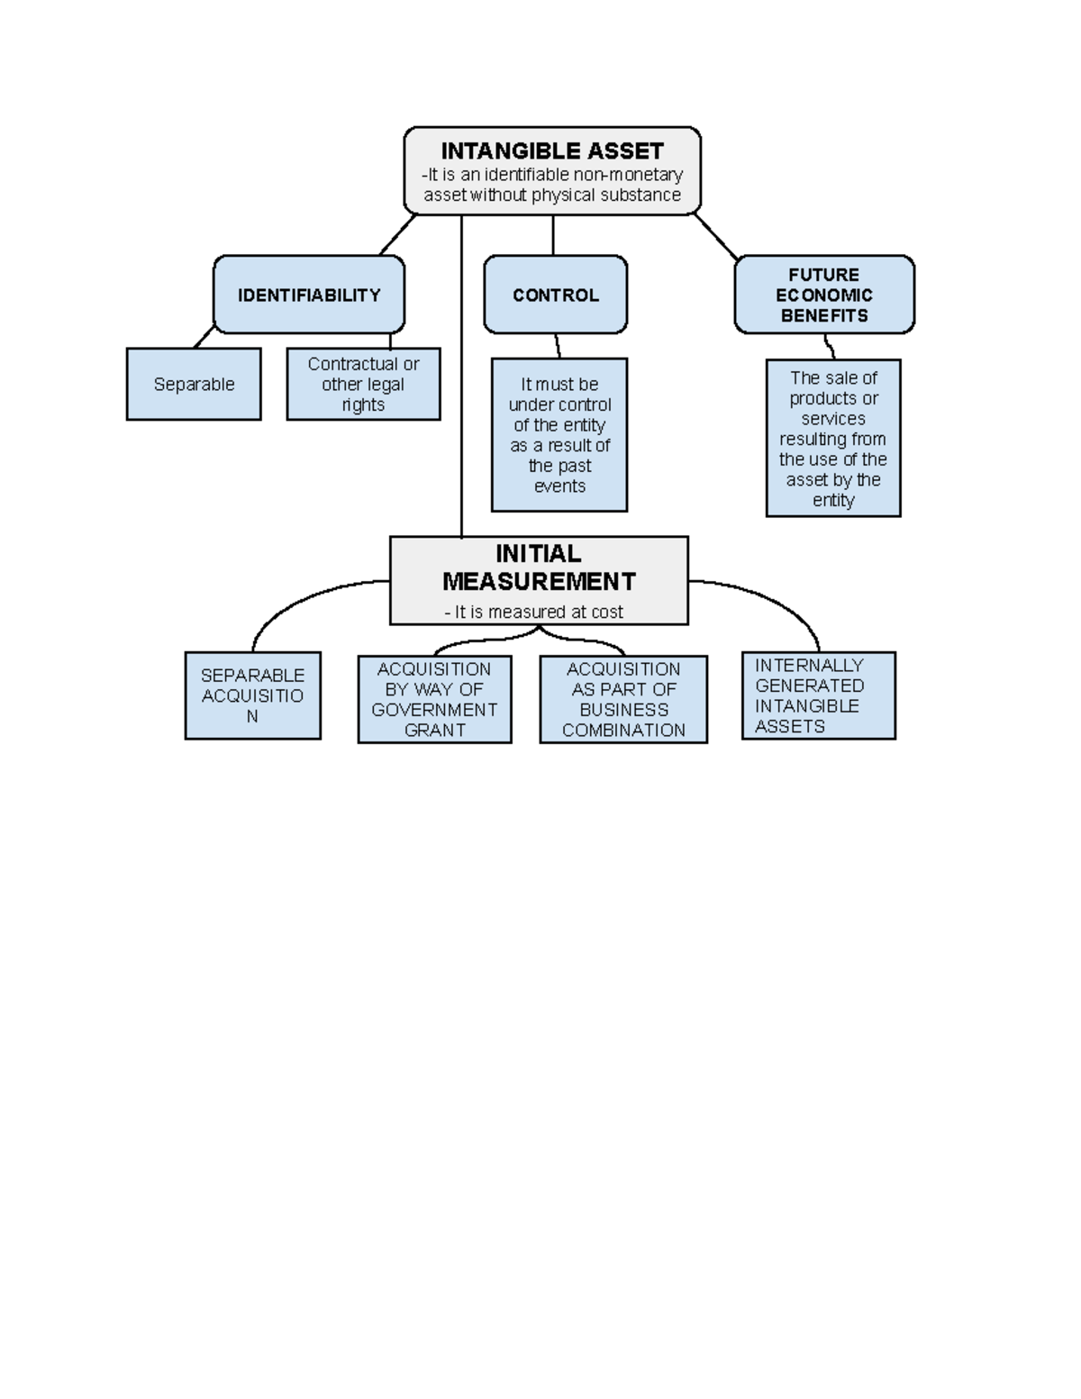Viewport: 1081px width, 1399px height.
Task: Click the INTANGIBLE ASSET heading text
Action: tap(552, 151)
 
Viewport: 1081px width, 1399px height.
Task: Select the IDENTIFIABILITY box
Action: tap(309, 295)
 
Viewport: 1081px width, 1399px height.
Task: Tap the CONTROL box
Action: tap(555, 295)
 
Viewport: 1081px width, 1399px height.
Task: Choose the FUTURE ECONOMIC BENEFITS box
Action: tap(824, 295)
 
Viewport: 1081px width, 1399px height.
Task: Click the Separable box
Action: tap(194, 384)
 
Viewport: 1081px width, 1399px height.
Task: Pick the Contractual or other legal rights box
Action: tap(363, 384)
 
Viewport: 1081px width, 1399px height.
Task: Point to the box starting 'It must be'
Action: tap(559, 434)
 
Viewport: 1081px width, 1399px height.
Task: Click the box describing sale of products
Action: tap(833, 438)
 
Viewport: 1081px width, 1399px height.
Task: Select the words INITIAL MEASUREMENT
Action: tap(539, 568)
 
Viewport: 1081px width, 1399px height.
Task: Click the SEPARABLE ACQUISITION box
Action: tap(252, 695)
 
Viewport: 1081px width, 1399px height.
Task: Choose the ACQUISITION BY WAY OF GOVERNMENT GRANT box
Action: tap(434, 699)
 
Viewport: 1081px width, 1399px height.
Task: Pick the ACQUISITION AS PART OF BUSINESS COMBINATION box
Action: tap(623, 699)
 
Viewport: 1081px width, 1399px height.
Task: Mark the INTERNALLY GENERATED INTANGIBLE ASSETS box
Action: tap(818, 695)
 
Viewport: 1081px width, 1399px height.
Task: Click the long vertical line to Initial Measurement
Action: tap(461, 376)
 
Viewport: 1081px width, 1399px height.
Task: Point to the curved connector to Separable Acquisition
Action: tap(291, 599)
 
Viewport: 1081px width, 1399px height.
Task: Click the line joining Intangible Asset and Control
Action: tap(552, 235)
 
